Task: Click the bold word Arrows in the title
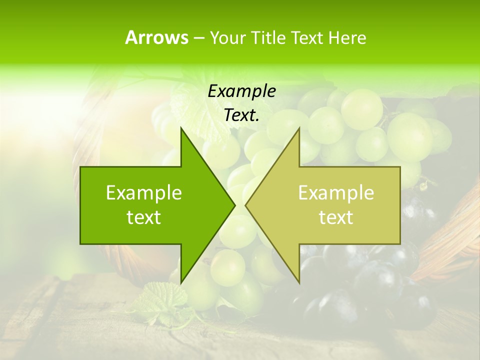[156, 38]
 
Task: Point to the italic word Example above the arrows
[241, 91]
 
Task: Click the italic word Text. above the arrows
[241, 115]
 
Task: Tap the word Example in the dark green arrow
[144, 193]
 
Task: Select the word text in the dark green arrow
[144, 217]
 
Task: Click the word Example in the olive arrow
[336, 193]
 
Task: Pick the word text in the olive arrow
[336, 217]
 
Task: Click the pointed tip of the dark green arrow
[234, 205]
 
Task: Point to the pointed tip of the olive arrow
[246, 205]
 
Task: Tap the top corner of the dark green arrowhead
[181, 128]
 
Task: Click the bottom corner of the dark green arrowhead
[181, 282]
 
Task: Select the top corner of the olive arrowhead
[299, 128]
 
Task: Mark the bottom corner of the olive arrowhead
[299, 282]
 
